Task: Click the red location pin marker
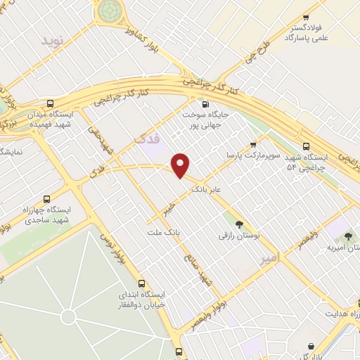click(181, 165)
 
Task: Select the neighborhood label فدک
click(147, 139)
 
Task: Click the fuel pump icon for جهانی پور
click(205, 103)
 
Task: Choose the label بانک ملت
click(165, 231)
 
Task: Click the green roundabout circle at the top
click(110, 10)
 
